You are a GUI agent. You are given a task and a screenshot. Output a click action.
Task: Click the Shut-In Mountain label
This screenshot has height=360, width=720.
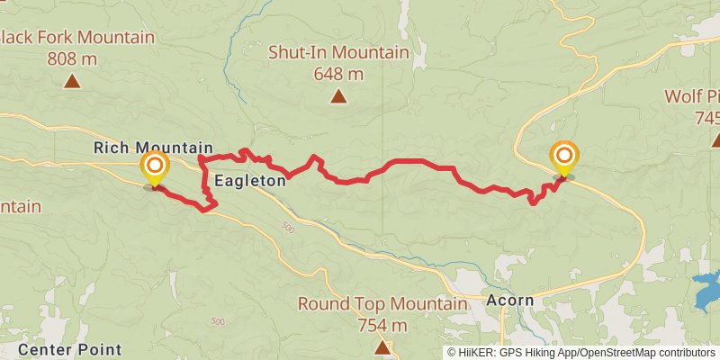click(338, 53)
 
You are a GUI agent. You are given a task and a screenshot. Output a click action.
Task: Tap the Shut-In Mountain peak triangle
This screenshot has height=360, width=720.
click(338, 96)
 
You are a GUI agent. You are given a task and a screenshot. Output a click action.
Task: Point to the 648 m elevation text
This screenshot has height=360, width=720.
click(338, 74)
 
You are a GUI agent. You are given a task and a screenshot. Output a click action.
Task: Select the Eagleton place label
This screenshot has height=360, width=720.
click(250, 180)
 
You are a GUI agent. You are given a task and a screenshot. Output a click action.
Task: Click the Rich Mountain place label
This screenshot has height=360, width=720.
click(153, 148)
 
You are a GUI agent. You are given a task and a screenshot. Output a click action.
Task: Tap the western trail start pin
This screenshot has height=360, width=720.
click(156, 166)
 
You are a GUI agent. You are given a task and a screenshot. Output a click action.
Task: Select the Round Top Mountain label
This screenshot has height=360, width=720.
click(382, 304)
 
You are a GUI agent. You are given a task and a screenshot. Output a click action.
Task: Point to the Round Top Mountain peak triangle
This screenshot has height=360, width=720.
click(382, 346)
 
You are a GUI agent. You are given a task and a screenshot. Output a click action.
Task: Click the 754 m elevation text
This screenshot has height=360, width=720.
click(382, 325)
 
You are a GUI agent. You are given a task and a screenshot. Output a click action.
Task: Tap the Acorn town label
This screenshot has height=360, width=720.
click(509, 300)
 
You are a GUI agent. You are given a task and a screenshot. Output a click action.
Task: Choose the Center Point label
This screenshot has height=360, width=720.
click(70, 348)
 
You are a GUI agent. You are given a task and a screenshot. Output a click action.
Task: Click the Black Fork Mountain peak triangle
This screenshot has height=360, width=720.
click(71, 82)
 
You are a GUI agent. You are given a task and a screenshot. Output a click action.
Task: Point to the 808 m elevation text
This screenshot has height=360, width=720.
click(71, 58)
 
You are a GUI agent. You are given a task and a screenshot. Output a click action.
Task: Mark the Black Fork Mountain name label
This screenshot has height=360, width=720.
click(77, 38)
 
